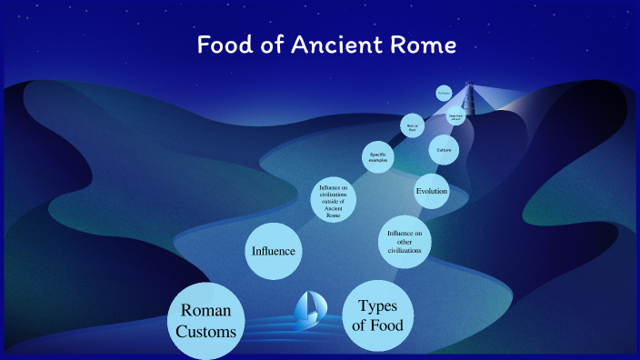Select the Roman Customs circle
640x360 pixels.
click(207, 322)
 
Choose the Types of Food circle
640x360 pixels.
click(380, 315)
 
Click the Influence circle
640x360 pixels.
click(274, 250)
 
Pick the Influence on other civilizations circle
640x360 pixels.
click(405, 243)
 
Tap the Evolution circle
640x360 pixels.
click(432, 191)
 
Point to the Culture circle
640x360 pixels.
click(444, 149)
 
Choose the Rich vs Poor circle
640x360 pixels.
click(413, 126)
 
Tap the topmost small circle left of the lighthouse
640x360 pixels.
click(444, 93)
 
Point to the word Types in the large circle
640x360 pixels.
click(380, 305)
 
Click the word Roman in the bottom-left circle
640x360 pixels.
click(207, 311)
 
